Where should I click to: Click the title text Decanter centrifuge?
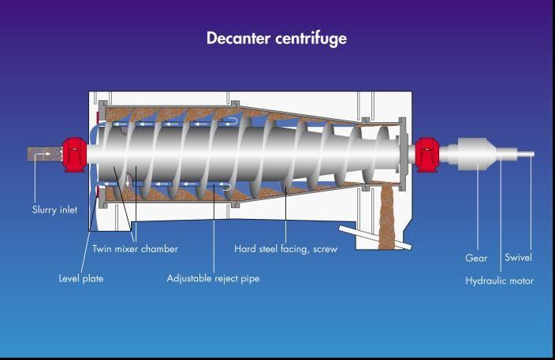click(277, 39)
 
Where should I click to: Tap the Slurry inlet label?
click(54, 210)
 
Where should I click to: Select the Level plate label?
click(81, 279)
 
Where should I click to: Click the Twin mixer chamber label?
click(136, 249)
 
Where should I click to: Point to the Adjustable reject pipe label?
click(213, 279)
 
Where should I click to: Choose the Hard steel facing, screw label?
click(285, 249)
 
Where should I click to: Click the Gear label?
click(476, 258)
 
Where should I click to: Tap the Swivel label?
click(518, 257)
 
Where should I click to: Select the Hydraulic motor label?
click(500, 280)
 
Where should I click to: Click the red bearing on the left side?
click(75, 155)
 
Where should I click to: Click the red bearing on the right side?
click(427, 155)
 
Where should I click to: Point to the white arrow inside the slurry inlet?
click(43, 154)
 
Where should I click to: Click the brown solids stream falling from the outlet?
click(386, 216)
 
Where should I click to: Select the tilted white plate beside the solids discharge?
click(375, 238)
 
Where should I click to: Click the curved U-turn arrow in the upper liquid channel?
click(232, 121)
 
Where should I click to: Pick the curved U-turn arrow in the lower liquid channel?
click(225, 187)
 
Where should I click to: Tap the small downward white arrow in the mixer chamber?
click(128, 181)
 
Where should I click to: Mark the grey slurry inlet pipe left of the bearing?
click(45, 154)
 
